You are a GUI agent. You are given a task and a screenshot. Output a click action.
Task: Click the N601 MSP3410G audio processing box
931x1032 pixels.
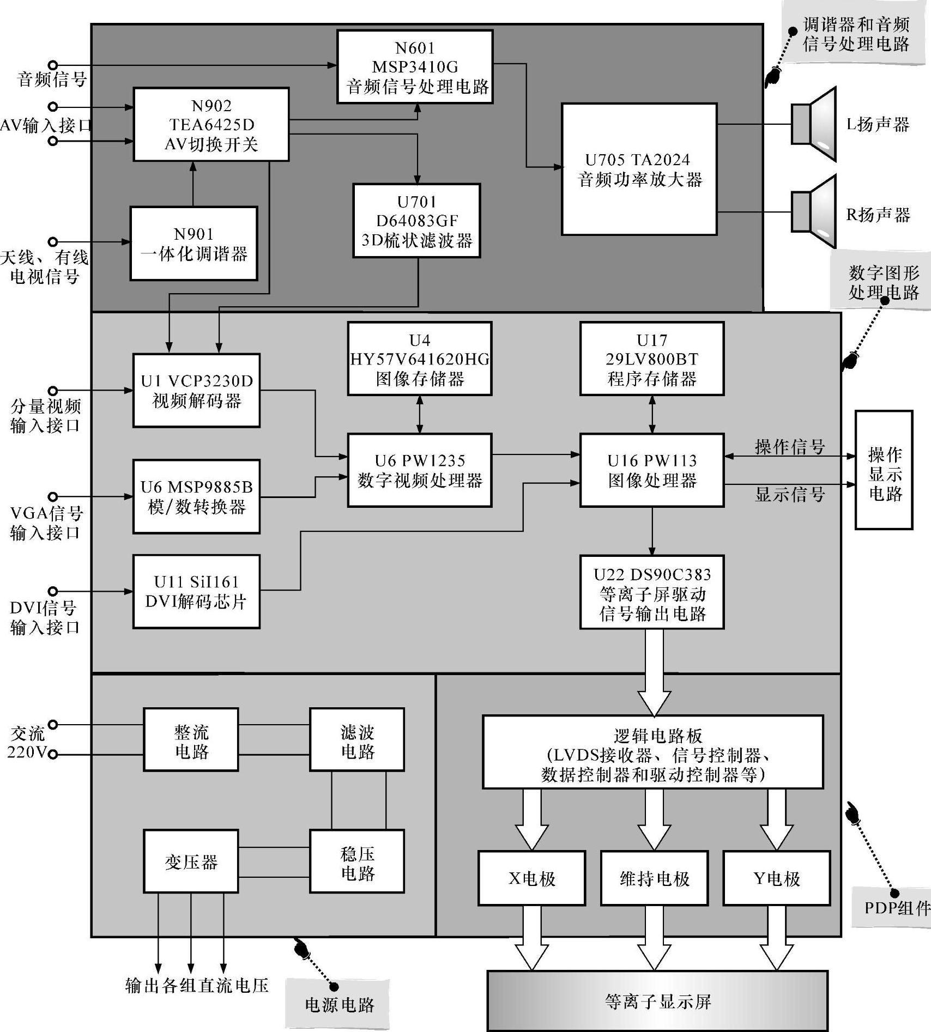click(x=415, y=66)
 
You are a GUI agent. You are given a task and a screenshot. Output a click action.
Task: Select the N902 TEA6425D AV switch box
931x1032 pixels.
click(x=211, y=125)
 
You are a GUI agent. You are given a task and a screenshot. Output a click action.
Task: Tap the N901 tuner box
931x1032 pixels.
click(x=194, y=244)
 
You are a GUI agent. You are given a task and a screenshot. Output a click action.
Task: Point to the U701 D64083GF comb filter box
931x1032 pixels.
click(x=416, y=221)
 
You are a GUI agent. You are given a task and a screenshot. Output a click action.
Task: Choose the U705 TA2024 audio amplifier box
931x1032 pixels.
click(x=639, y=169)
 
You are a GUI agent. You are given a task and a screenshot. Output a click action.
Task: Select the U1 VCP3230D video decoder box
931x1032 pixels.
click(x=196, y=390)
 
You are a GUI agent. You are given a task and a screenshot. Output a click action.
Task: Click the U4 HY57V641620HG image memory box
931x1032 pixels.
click(x=419, y=359)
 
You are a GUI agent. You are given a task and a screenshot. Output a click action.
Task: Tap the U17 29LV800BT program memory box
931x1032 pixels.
click(x=652, y=359)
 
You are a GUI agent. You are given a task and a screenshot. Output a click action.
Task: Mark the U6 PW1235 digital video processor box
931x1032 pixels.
click(x=420, y=470)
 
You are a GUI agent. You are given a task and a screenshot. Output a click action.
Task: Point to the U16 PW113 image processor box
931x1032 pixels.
click(x=652, y=470)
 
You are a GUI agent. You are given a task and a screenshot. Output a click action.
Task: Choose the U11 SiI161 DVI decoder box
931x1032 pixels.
click(x=196, y=592)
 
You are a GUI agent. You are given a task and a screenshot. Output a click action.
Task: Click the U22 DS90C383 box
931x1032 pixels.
click(x=652, y=592)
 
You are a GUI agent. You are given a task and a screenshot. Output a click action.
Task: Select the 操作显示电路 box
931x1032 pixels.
click(x=884, y=470)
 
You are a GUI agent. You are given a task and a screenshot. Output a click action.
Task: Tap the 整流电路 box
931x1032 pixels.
click(x=191, y=740)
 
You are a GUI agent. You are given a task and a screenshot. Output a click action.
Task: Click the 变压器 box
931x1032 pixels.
click(x=191, y=861)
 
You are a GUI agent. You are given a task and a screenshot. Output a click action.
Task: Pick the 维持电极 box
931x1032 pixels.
click(x=654, y=878)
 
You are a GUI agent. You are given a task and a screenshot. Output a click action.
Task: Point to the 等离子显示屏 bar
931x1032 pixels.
click(x=657, y=1001)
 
